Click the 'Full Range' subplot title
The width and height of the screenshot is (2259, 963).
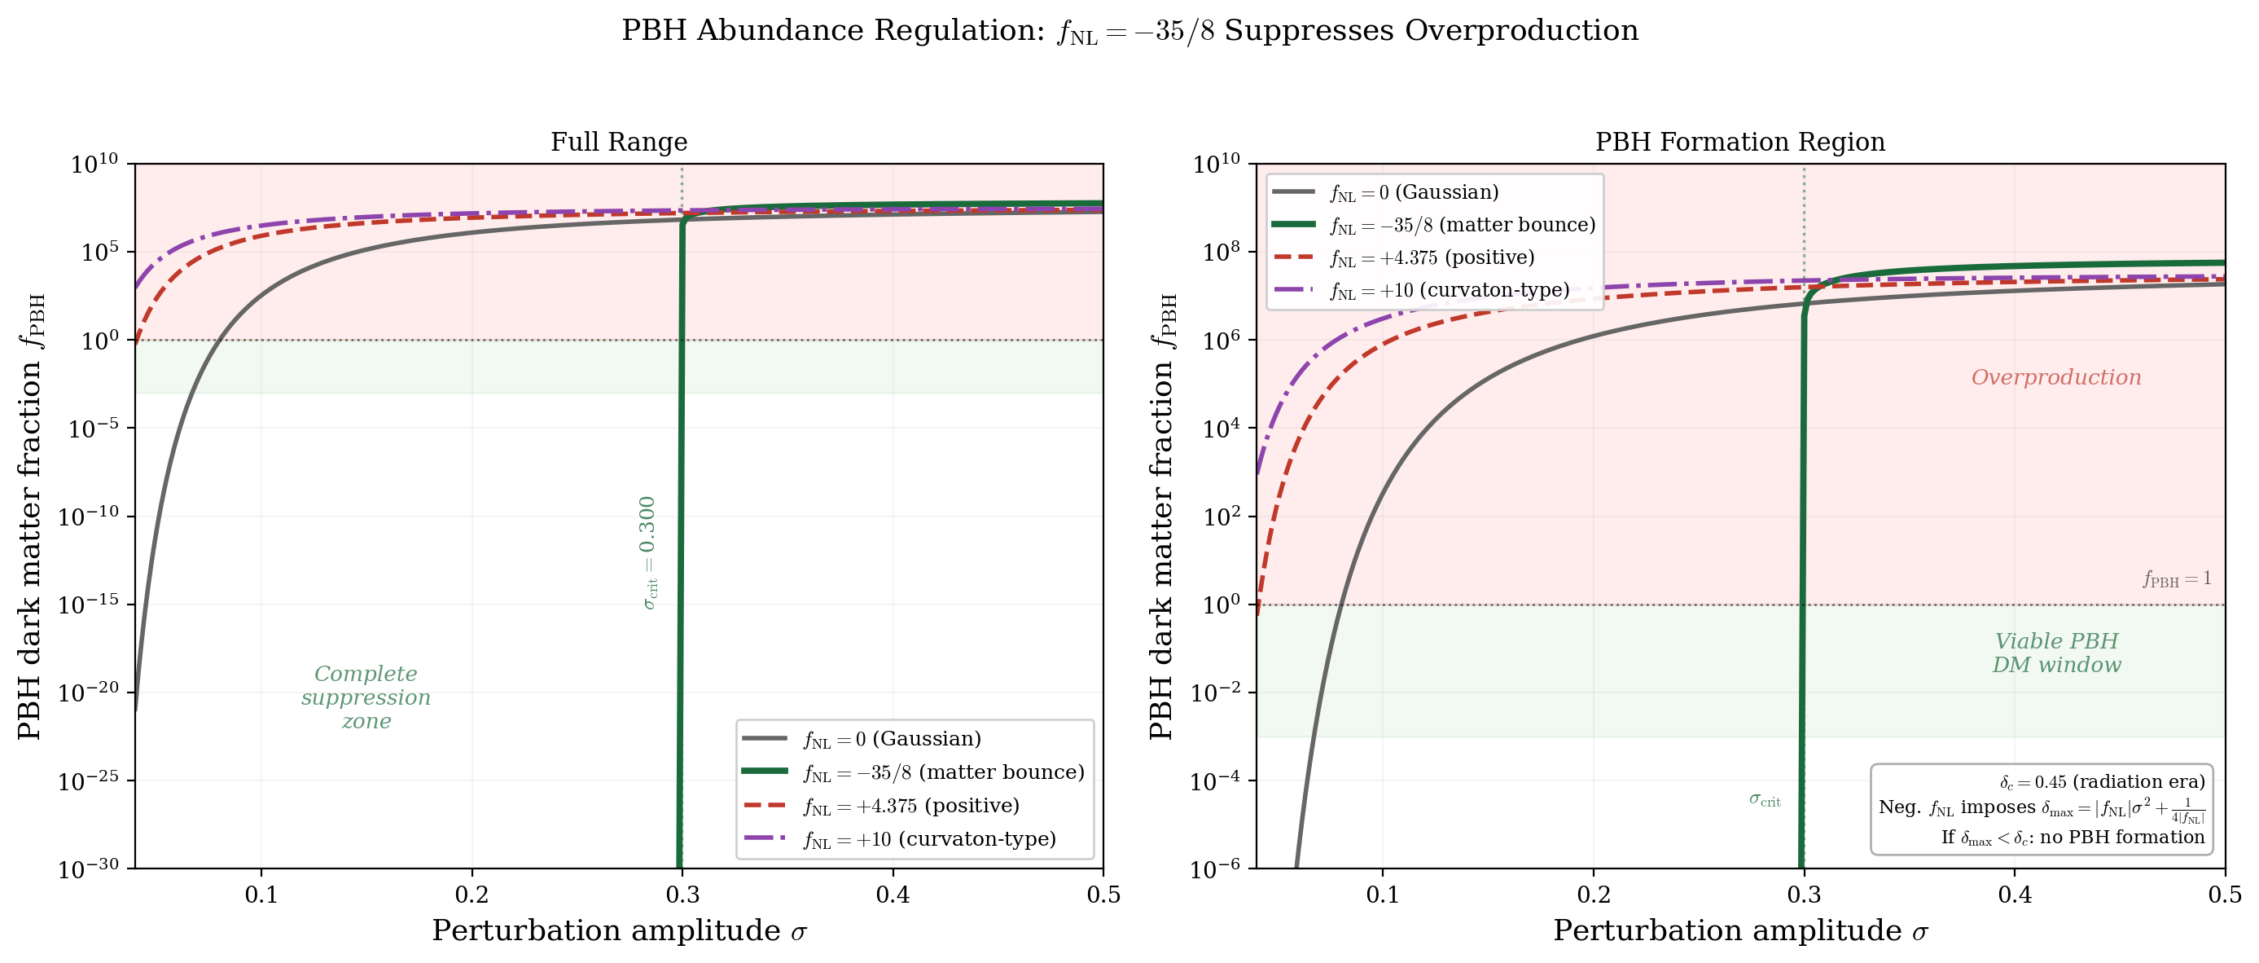pyautogui.click(x=618, y=141)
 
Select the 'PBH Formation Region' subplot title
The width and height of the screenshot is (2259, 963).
pyautogui.click(x=1739, y=141)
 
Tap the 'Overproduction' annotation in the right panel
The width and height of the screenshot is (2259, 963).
pyautogui.click(x=2055, y=377)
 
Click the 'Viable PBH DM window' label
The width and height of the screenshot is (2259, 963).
pyautogui.click(x=2055, y=653)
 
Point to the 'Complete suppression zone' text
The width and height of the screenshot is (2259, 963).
pyautogui.click(x=366, y=697)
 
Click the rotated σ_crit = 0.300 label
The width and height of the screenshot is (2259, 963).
pyautogui.click(x=647, y=552)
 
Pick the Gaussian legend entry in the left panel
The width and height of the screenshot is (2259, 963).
pyautogui.click(x=891, y=738)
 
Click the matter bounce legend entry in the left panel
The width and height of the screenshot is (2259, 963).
pyautogui.click(x=943, y=772)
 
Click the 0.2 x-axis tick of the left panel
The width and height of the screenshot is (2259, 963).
pyautogui.click(x=472, y=895)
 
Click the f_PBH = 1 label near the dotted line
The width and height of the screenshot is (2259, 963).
pyautogui.click(x=2177, y=578)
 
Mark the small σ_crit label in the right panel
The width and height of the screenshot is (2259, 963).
pyautogui.click(x=1765, y=800)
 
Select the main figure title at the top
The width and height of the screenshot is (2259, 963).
pyautogui.click(x=1129, y=31)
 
